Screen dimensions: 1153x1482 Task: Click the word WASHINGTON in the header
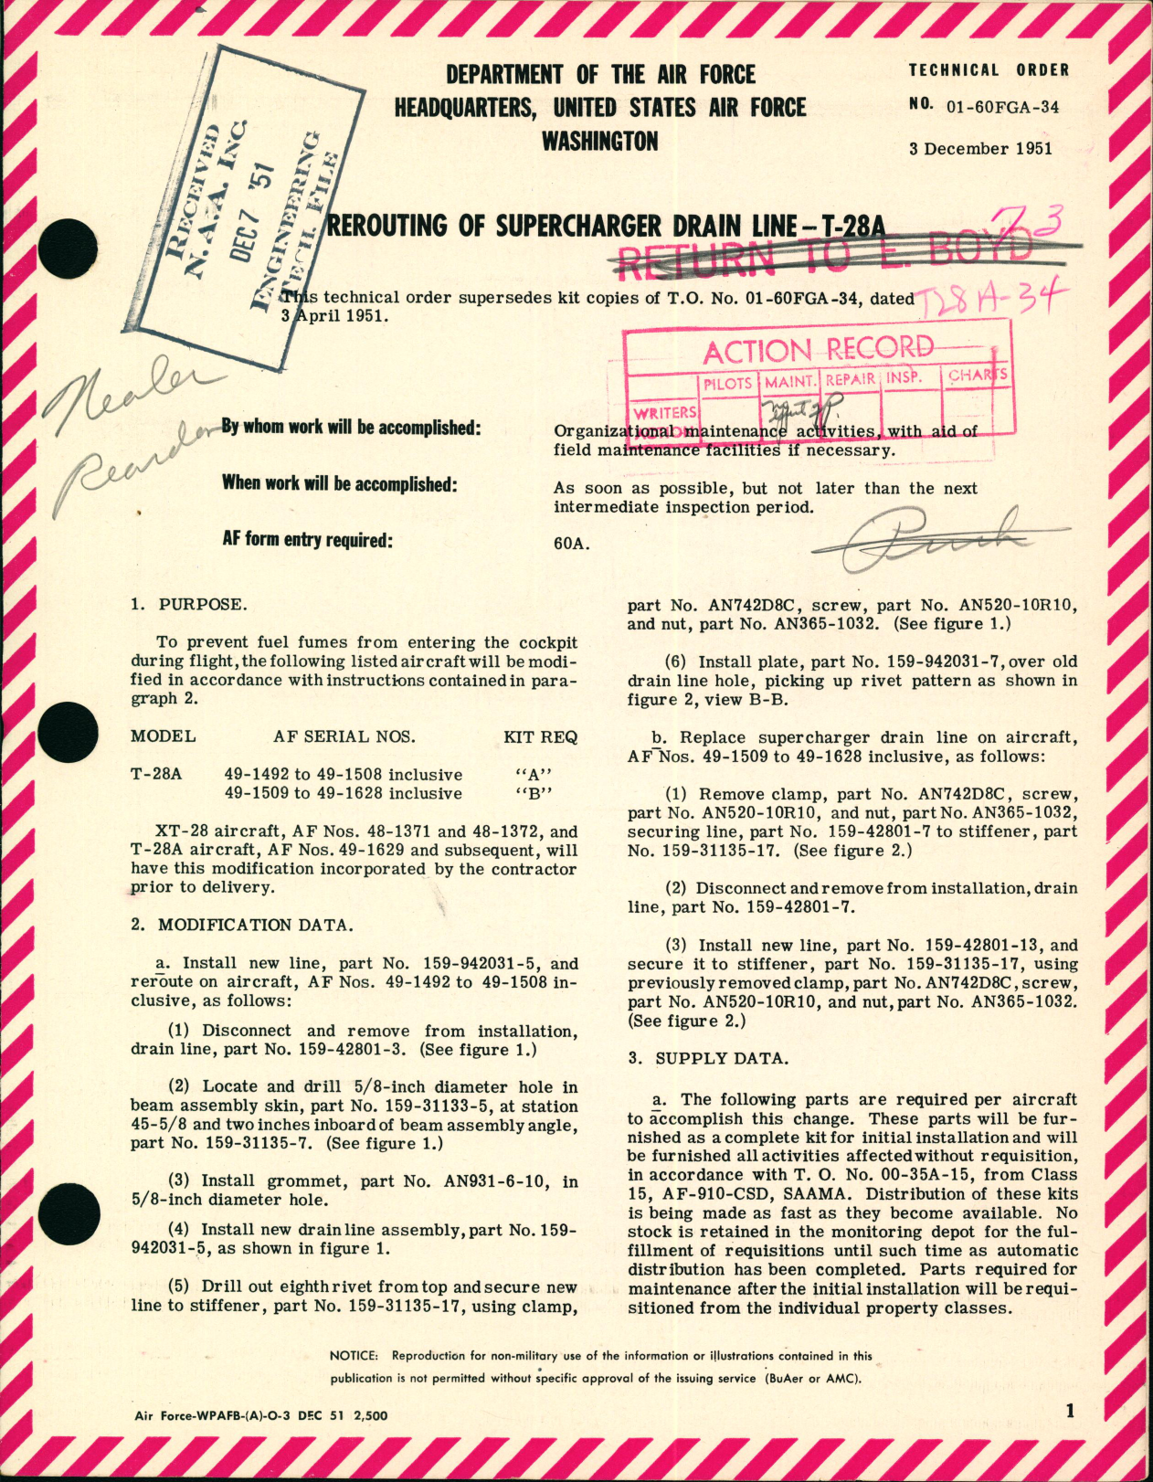pos(599,142)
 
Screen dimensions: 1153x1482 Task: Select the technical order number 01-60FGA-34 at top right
pos(1002,107)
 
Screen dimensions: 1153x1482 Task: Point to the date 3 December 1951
pos(980,149)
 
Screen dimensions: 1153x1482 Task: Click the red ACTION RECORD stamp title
pos(818,349)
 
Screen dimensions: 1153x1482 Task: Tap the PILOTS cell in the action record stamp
pos(728,383)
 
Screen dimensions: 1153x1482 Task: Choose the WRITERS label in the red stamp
pos(665,413)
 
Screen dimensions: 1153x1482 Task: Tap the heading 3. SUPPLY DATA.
pos(707,1058)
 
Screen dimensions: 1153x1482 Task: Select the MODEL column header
pos(163,736)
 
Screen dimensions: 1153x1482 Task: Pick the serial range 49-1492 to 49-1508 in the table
pos(344,775)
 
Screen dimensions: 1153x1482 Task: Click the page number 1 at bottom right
pos(1070,1411)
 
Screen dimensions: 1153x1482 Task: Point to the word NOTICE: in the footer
pos(354,1356)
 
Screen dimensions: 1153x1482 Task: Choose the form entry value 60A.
pos(571,544)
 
